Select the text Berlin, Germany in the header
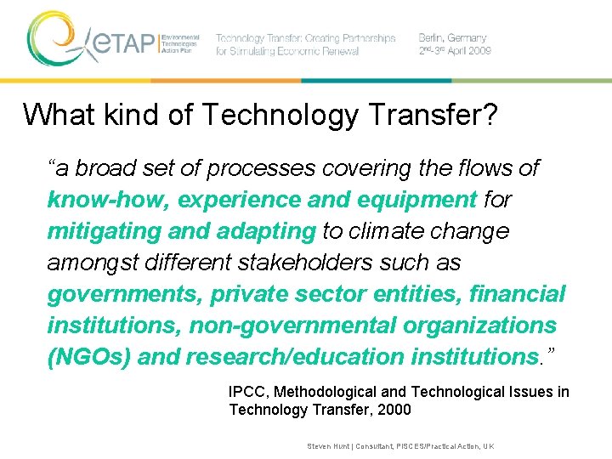click(452, 38)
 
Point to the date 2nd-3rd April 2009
click(455, 51)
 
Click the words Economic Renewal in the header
click(324, 51)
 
